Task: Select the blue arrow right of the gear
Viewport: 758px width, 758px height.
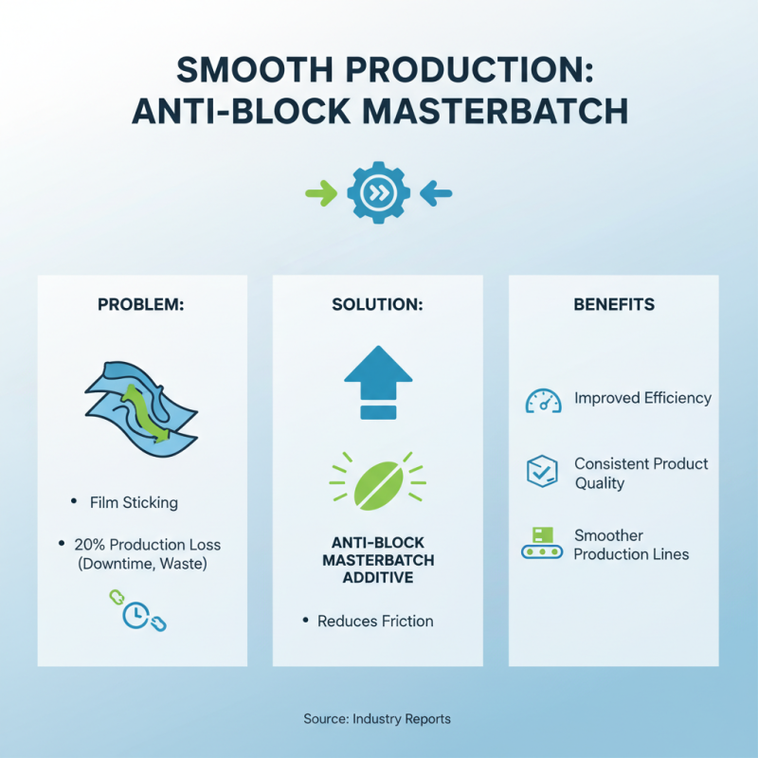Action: pos(436,194)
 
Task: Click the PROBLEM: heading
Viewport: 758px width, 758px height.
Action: pos(142,305)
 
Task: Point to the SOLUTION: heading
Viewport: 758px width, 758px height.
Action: pos(377,305)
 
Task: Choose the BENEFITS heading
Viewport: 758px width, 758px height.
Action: pos(613,305)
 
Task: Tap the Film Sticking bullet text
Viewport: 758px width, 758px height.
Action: pos(134,502)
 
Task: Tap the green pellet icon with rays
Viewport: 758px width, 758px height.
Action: pos(377,480)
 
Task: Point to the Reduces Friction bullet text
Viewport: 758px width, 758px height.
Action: pos(375,622)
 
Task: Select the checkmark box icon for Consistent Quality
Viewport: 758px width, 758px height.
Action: pos(543,471)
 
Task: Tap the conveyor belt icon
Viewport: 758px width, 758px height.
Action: pos(543,542)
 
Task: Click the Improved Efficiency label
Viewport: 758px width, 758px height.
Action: pos(642,398)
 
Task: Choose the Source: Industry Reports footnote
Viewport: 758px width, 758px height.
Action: pos(377,719)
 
